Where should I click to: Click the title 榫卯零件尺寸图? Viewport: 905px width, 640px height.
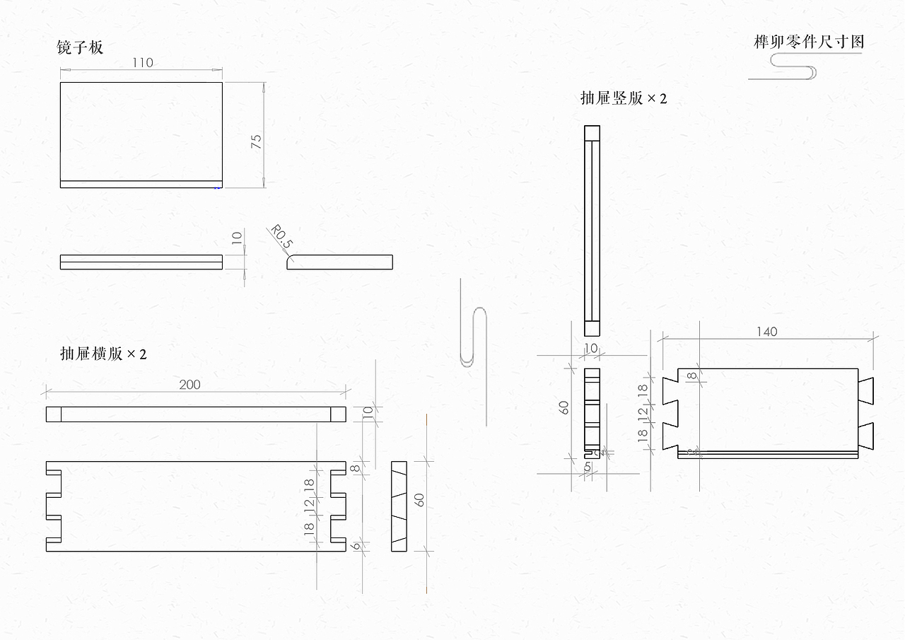point(809,42)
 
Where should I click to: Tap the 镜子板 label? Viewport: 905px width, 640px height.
point(80,47)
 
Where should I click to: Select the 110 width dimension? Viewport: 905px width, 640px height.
point(142,62)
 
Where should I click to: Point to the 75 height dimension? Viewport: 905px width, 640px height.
point(257,140)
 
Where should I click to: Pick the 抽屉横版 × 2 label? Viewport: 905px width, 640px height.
point(103,354)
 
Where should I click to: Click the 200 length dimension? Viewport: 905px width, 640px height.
point(189,385)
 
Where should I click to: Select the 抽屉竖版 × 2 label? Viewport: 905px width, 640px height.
point(623,98)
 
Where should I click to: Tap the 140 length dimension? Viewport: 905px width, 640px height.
point(766,332)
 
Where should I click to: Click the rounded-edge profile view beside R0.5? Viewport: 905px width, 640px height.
point(339,262)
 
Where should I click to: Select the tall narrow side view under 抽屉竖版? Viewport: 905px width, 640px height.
point(592,231)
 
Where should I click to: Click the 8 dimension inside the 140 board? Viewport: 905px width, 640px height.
point(691,376)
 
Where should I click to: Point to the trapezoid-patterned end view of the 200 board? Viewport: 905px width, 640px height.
point(399,506)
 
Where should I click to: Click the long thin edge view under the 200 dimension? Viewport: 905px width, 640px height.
point(196,414)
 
